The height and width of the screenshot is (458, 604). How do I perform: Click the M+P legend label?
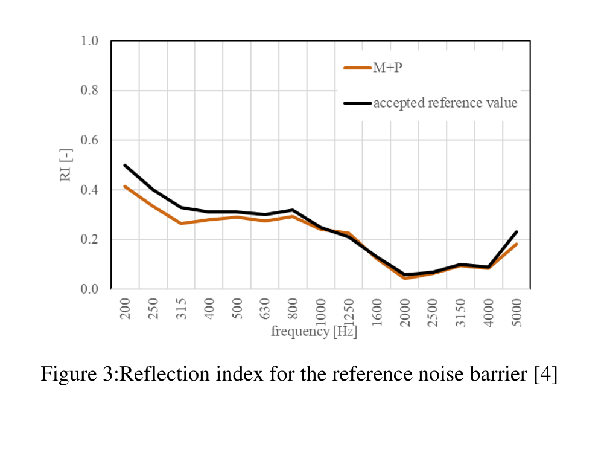pyautogui.click(x=387, y=68)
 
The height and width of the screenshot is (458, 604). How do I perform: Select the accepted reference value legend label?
pyautogui.click(x=445, y=103)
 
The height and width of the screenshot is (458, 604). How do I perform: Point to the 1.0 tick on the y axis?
pyautogui.click(x=89, y=41)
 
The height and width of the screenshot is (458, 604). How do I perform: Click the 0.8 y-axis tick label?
pyautogui.click(x=89, y=91)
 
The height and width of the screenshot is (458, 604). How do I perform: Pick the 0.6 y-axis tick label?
pyautogui.click(x=89, y=140)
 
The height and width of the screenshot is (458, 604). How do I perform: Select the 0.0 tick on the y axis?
pyautogui.click(x=89, y=289)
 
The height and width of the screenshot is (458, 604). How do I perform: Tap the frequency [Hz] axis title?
pyautogui.click(x=314, y=332)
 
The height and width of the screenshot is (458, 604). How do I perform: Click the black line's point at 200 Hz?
pyautogui.click(x=125, y=165)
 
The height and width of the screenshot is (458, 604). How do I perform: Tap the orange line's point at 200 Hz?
pyautogui.click(x=125, y=186)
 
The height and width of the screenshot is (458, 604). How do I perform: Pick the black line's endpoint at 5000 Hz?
pyautogui.click(x=517, y=232)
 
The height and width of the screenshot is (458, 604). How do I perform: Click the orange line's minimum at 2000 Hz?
pyautogui.click(x=404, y=279)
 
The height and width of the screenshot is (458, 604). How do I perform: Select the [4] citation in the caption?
pyautogui.click(x=545, y=375)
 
